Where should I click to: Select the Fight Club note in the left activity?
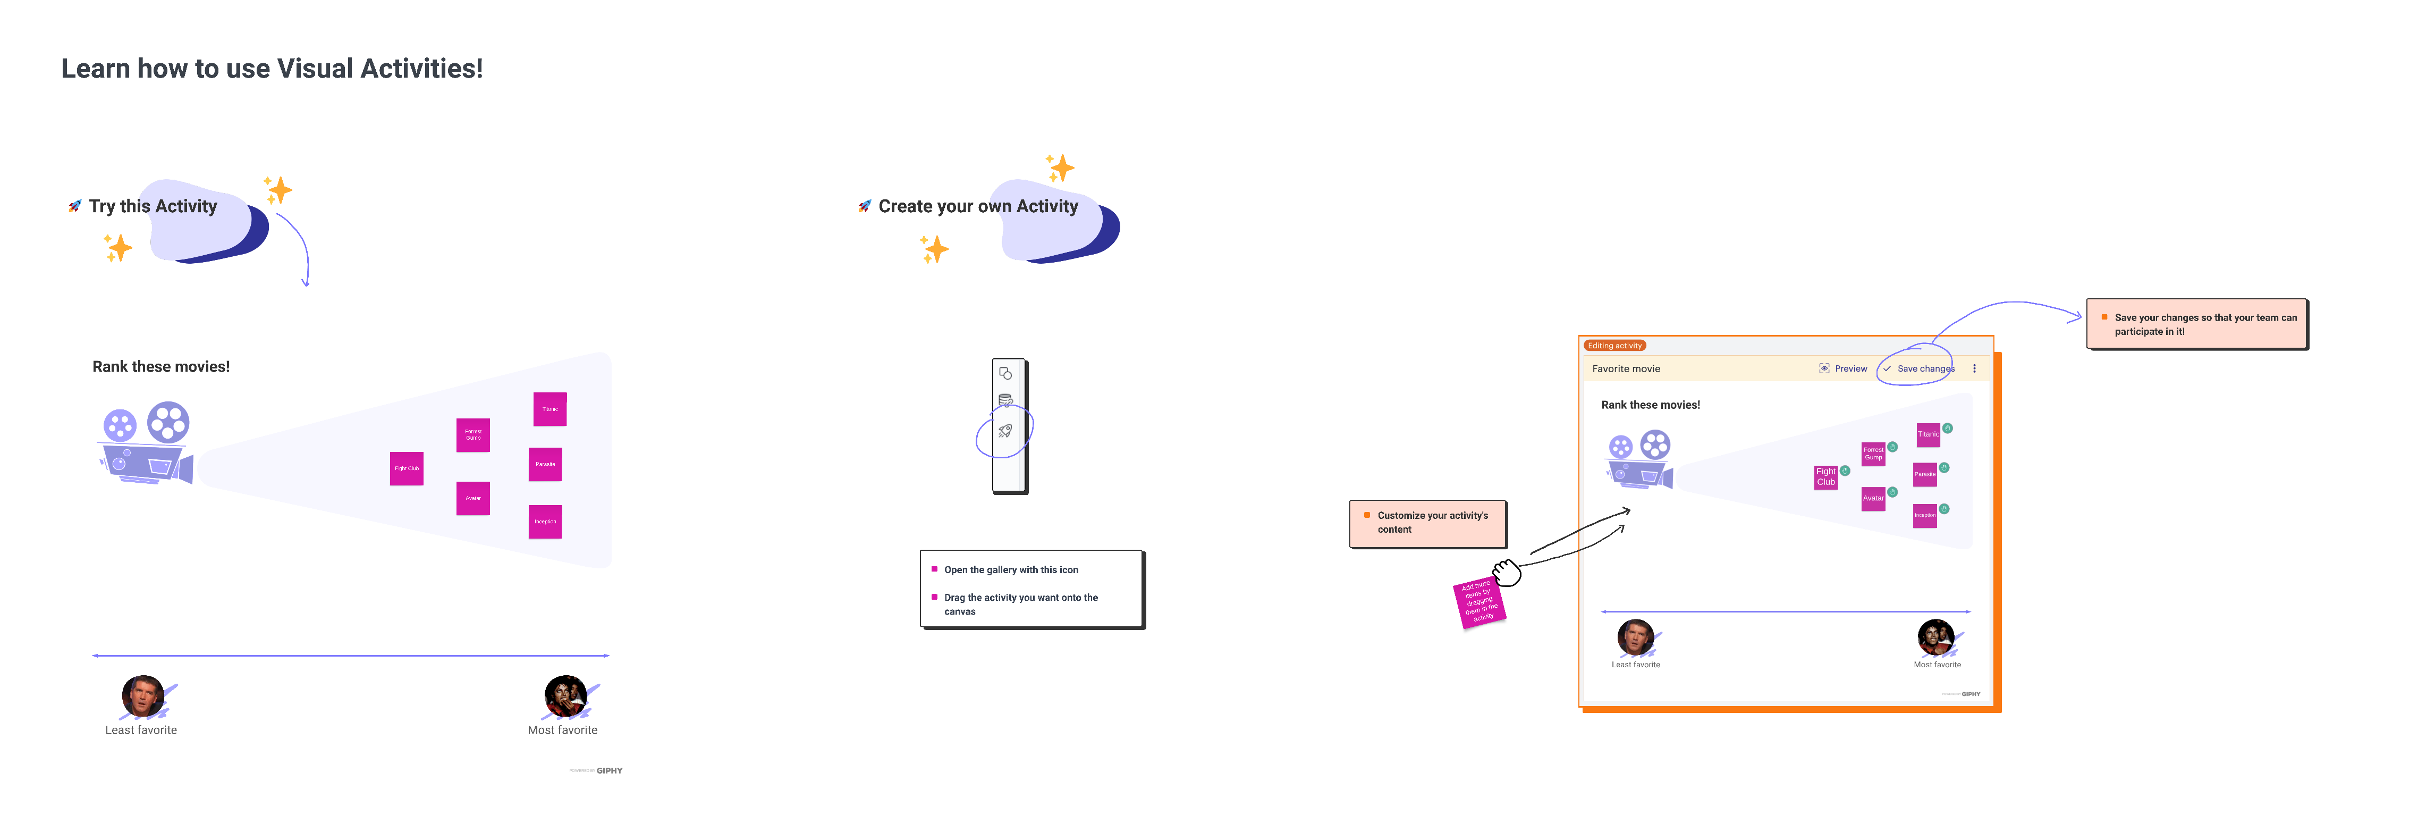[x=407, y=468]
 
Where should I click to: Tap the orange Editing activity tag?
[x=1614, y=346]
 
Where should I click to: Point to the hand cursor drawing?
[x=1507, y=570]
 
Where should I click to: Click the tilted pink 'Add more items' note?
[x=1479, y=601]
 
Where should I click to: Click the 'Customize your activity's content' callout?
[x=1428, y=523]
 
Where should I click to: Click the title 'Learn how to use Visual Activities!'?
[x=272, y=69]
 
